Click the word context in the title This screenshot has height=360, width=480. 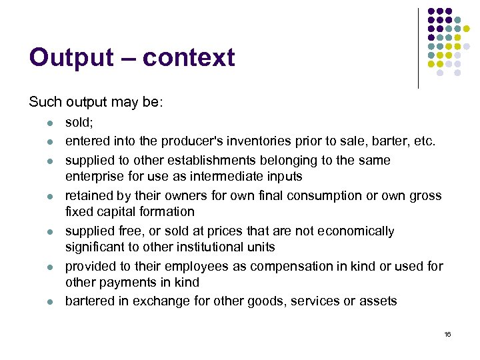click(x=189, y=58)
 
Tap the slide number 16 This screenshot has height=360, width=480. click(x=447, y=334)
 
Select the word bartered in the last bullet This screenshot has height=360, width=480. click(x=90, y=301)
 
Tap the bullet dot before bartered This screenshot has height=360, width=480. click(x=41, y=301)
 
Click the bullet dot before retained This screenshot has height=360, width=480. click(x=41, y=196)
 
